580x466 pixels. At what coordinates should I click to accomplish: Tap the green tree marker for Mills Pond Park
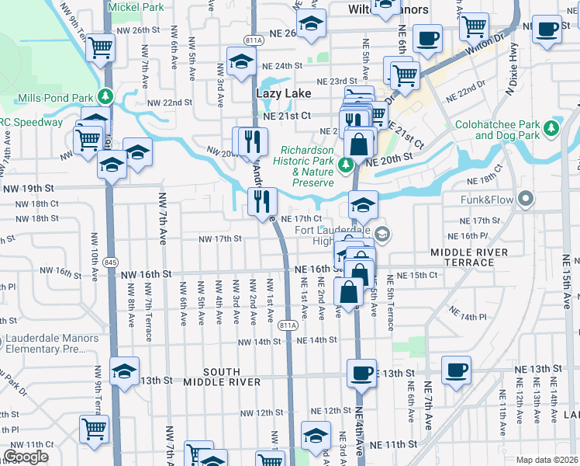point(106,98)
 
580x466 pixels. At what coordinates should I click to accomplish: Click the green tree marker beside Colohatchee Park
point(551,127)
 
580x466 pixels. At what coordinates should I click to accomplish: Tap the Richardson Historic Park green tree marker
point(349,165)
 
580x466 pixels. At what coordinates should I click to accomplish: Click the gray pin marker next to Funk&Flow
point(526,200)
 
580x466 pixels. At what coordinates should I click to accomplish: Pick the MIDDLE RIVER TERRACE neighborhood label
point(469,257)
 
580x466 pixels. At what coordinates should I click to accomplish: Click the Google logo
point(26,457)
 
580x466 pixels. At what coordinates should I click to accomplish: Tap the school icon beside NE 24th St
point(241,60)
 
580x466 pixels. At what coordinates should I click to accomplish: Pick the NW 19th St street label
point(28,189)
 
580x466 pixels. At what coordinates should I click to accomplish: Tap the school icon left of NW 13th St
point(123,370)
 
